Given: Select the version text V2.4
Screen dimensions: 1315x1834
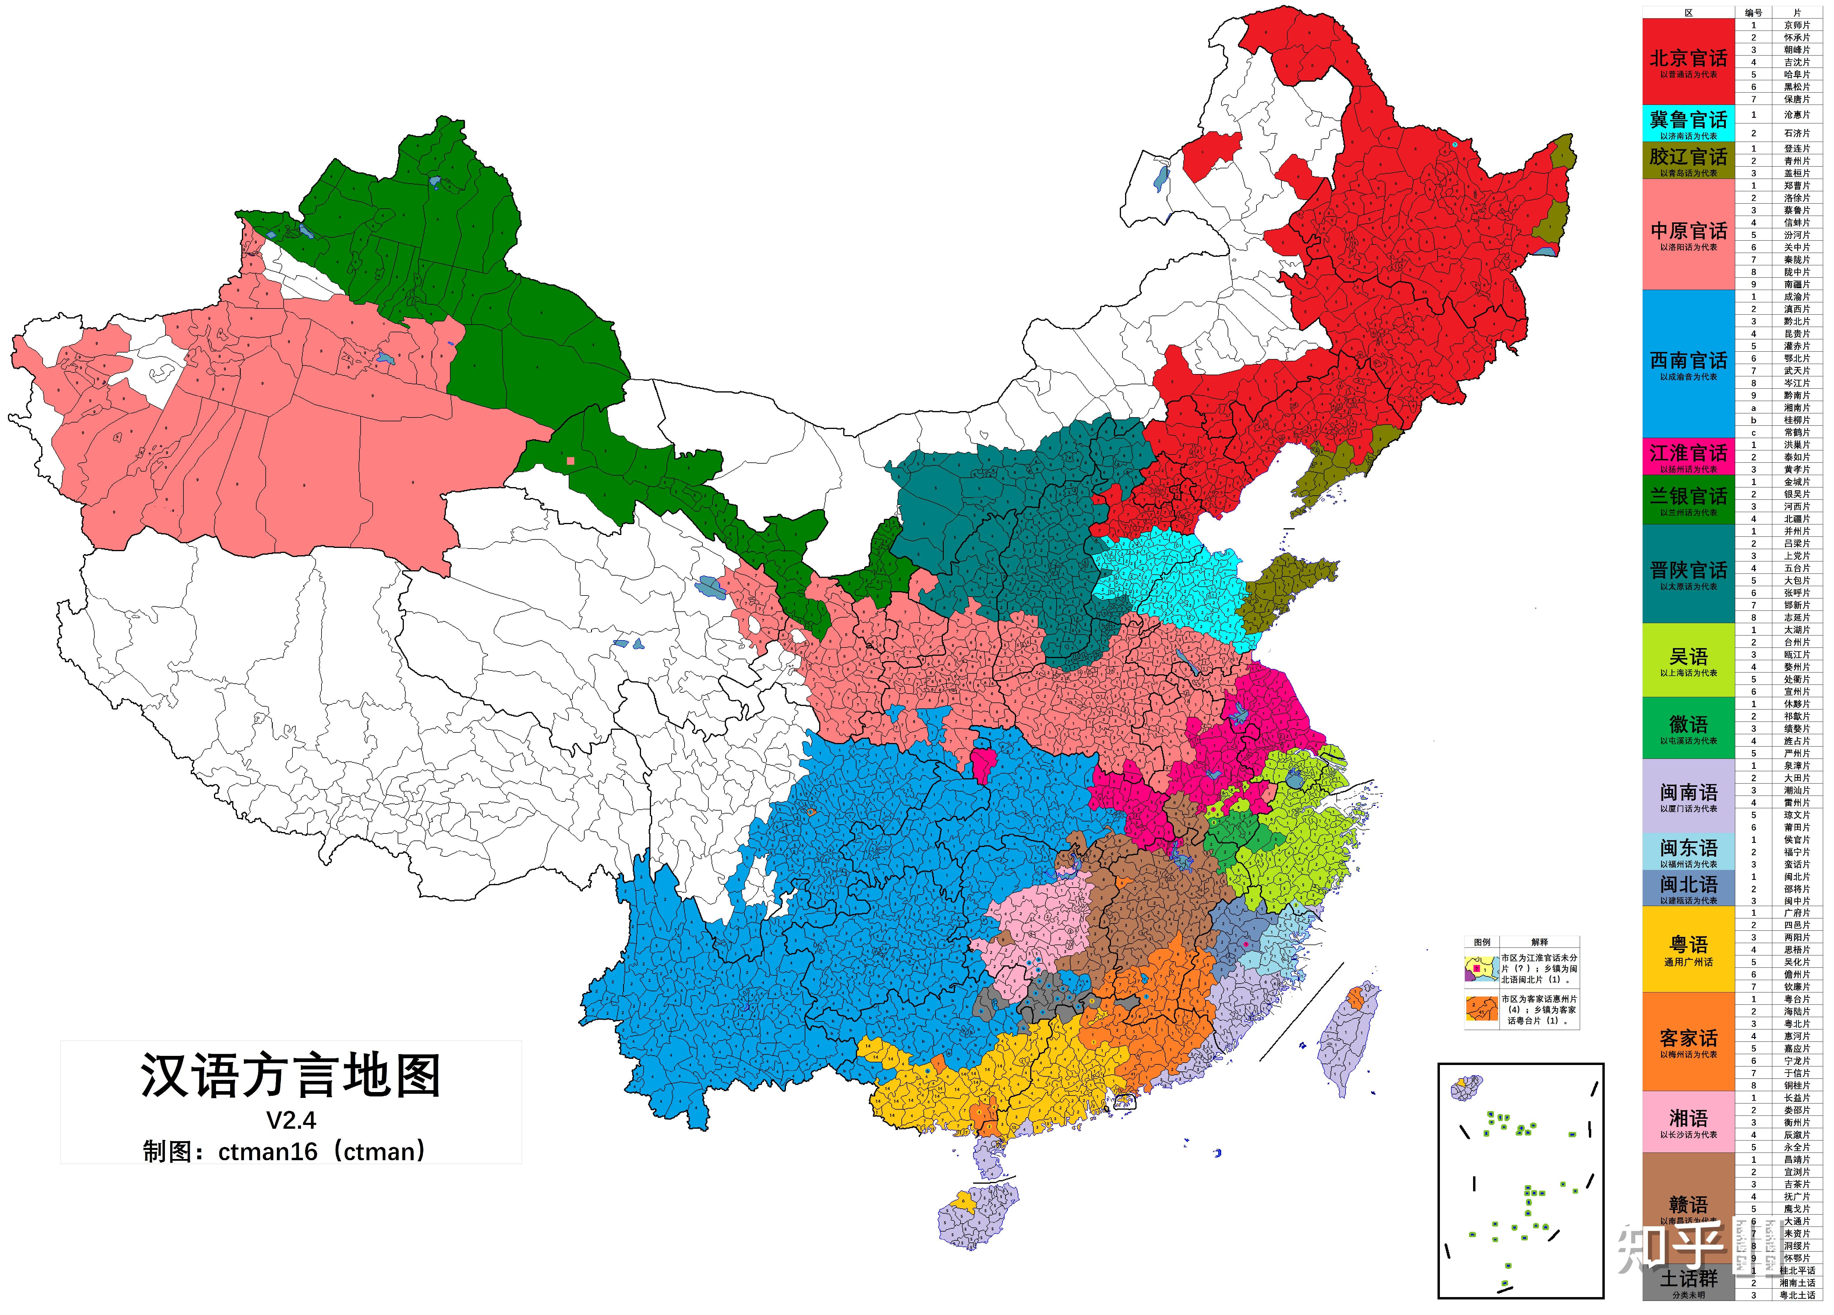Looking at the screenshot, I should click(x=291, y=1120).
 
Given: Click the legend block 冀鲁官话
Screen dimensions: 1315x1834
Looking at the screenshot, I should click(x=1689, y=124).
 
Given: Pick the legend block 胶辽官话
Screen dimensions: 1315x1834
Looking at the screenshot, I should click(x=1689, y=160).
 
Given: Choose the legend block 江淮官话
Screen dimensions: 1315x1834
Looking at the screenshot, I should click(x=1689, y=457).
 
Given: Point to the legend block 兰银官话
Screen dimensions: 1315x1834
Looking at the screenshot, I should click(x=1689, y=499).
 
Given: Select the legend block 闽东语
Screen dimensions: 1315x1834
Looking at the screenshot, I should click(x=1689, y=851).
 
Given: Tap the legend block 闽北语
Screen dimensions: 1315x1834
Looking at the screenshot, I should click(x=1689, y=888).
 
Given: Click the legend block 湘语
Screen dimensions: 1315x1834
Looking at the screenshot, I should click(x=1689, y=1121).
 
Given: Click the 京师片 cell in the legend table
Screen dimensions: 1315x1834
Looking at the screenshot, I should click(x=1797, y=25).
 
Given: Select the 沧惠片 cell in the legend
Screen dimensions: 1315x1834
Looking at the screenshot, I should click(x=1797, y=115).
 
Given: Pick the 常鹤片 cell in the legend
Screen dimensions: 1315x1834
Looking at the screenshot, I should click(x=1797, y=432).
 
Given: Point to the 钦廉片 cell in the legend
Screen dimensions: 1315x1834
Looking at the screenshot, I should click(x=1797, y=987).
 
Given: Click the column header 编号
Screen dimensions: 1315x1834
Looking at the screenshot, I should click(x=1753, y=12).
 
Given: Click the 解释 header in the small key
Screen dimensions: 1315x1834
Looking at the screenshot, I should click(x=1539, y=942).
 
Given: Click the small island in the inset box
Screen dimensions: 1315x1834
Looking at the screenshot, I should click(x=1466, y=1088).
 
